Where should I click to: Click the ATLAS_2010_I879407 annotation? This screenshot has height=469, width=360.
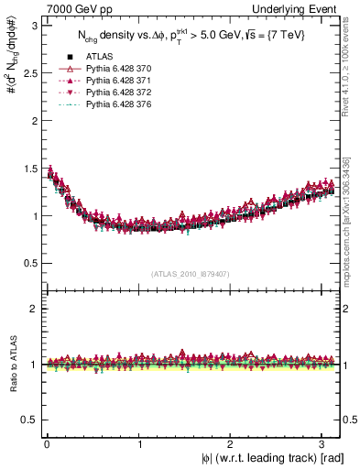[190, 274]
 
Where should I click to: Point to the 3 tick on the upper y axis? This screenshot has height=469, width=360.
[34, 26]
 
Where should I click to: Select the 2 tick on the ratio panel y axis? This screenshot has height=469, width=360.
[34, 309]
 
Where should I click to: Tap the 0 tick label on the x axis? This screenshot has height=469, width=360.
[47, 445]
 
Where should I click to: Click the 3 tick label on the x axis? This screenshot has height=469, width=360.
[324, 445]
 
